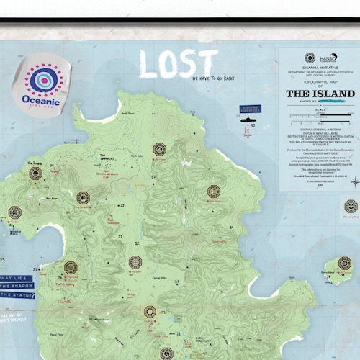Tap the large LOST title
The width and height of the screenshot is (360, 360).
[178, 63]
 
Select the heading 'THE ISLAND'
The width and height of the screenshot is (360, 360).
[320, 94]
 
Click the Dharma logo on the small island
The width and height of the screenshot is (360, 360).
[344, 263]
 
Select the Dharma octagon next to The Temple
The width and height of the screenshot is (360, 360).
[35, 173]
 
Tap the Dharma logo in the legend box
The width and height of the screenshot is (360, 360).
[310, 58]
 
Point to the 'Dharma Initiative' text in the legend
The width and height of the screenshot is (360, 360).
[320, 71]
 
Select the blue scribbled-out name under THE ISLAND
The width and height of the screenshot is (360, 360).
[328, 103]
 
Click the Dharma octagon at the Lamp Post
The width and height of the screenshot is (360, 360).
[350, 206]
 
